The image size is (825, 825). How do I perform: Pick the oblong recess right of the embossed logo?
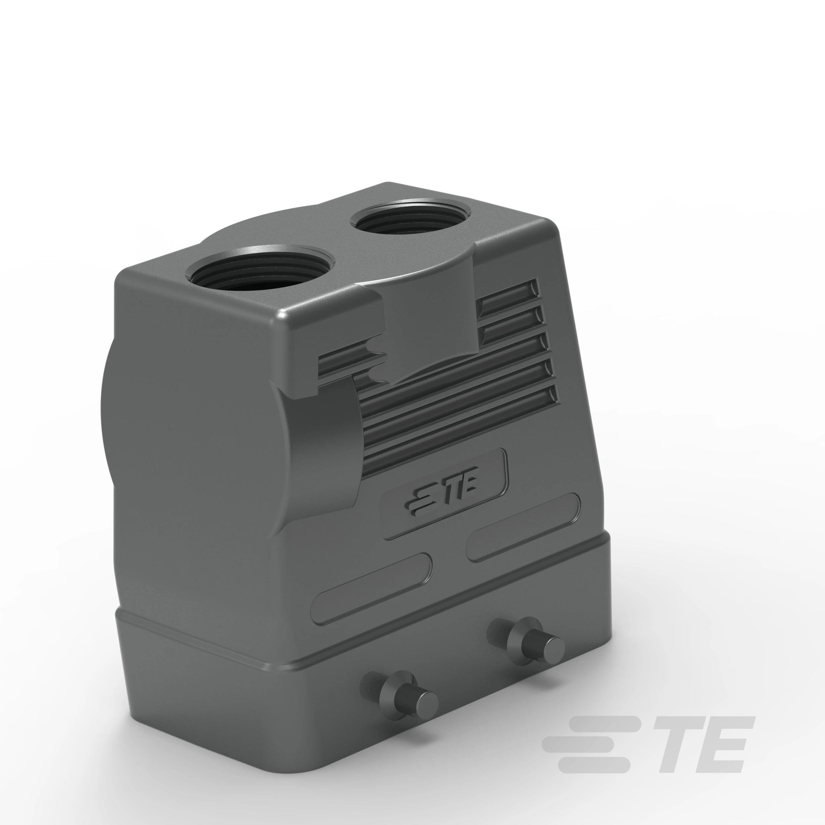coord(523,527)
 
